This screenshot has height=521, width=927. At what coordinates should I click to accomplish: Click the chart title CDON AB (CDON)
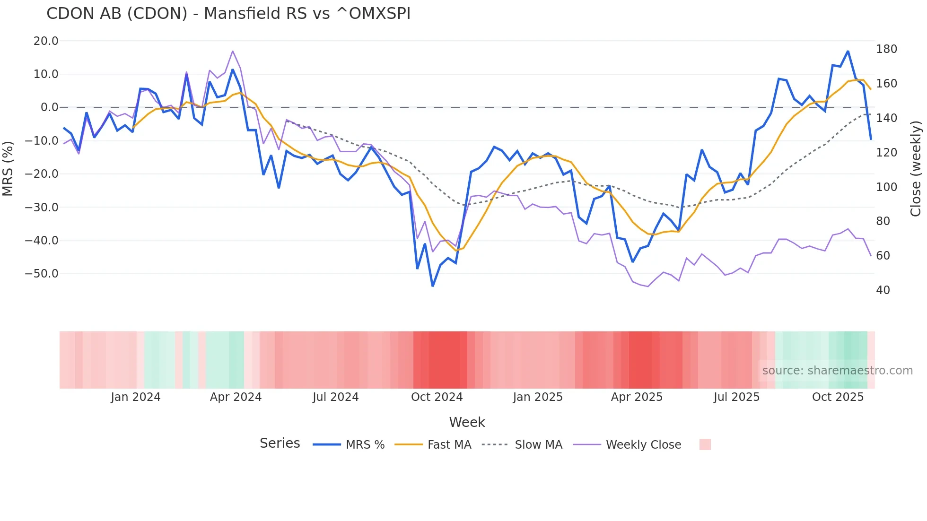(228, 14)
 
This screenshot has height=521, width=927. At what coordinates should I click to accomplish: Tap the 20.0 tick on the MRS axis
(46, 41)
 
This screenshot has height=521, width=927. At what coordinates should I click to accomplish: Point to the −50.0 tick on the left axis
(42, 274)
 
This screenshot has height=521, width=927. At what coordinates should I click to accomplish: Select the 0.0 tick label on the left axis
(49, 107)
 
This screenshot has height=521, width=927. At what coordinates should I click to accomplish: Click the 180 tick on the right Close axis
(886, 49)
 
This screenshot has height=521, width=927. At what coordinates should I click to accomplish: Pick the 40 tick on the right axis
(883, 290)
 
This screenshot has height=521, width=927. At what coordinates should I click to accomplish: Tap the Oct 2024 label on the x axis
(437, 397)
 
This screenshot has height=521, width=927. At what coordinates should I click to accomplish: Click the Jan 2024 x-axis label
(136, 397)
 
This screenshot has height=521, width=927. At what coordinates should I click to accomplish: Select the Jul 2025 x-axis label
(736, 397)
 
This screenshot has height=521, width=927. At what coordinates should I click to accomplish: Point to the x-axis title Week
(467, 422)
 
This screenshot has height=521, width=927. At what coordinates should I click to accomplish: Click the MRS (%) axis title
(8, 168)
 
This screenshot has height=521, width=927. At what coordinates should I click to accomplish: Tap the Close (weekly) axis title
(916, 169)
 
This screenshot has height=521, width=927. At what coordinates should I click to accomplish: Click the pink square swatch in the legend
(705, 444)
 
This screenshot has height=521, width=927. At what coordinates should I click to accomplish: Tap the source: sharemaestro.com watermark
(837, 371)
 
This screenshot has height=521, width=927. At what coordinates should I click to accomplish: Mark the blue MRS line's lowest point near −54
(433, 286)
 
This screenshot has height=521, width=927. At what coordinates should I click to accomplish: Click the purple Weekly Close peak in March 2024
(233, 51)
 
